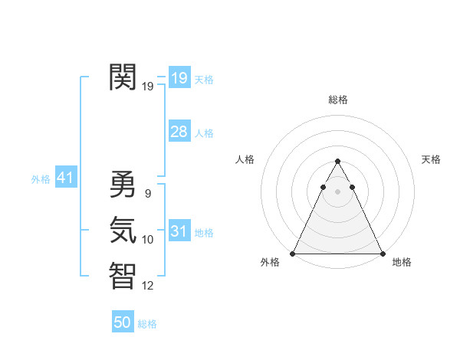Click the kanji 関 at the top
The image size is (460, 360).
coord(123,77)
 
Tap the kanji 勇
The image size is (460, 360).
coord(123,184)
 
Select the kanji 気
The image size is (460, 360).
coord(123,230)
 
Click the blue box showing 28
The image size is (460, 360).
coord(179,132)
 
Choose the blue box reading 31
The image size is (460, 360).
coord(179,231)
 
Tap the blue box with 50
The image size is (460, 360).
coord(123,322)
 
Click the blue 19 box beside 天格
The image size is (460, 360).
coord(179,78)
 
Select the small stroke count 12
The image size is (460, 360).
coord(148,286)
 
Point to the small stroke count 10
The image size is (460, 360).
coord(148,240)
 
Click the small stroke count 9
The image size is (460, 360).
coord(147,194)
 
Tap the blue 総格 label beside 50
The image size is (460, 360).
coord(147,324)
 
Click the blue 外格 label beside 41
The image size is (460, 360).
coord(41,179)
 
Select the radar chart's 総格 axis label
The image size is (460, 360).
coord(337,100)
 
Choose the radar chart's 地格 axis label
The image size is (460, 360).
coord(402,262)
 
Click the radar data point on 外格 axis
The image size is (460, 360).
coord(293,253)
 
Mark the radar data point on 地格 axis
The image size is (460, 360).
coord(382,253)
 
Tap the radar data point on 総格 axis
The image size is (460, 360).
coord(337,162)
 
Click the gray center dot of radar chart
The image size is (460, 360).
coord(337,191)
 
